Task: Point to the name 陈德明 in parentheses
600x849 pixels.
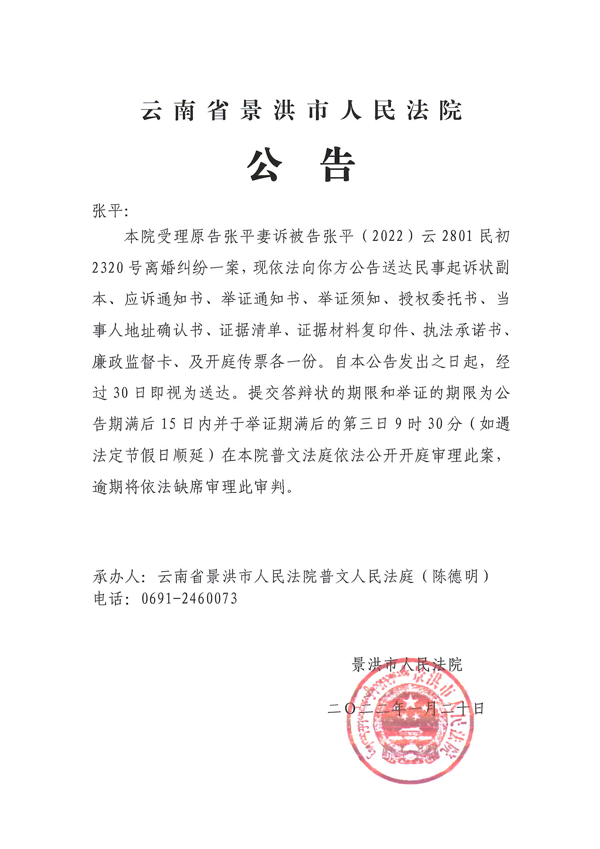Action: coord(456,577)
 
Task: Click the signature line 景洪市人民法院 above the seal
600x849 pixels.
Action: coord(407,665)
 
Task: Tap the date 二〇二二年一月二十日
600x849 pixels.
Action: coord(406,708)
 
